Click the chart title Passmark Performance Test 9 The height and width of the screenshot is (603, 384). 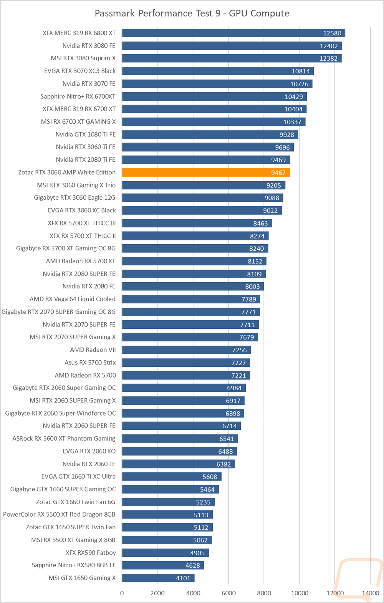pos(192,13)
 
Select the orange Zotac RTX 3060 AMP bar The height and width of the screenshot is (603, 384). pos(206,172)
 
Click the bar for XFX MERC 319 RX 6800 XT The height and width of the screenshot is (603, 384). pos(233,33)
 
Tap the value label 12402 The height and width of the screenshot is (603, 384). pos(329,46)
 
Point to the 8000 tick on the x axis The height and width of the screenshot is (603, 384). pos(264,593)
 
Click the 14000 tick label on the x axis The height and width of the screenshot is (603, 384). pos(370,593)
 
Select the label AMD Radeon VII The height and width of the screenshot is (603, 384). pos(93,350)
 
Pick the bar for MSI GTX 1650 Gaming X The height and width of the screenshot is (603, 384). pos(158,578)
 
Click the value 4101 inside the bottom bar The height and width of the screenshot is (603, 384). pos(183,578)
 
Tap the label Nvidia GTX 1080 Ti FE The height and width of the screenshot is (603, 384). pos(85,134)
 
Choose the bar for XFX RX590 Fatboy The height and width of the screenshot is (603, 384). pos(166,553)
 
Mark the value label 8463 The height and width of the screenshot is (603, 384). pos(260,224)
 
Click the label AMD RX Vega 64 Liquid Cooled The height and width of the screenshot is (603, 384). pos(72,299)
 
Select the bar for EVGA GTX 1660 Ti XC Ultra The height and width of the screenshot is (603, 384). pos(172,477)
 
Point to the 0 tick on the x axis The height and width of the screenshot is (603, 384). pos(122,593)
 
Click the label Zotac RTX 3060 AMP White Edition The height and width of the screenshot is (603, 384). pos(67,172)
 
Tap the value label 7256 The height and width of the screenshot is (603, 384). pos(239,350)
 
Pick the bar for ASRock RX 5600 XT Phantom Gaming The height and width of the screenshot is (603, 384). pos(180,439)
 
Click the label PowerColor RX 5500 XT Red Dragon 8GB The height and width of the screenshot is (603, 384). pos(59,515)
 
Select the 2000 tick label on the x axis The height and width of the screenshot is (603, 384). pos(157,593)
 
